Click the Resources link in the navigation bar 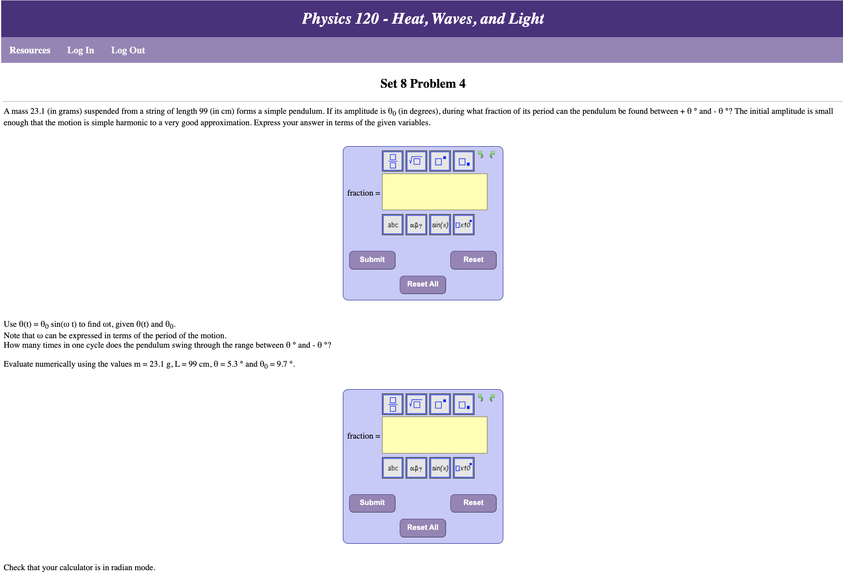[30, 50]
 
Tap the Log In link [81, 50]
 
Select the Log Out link [128, 50]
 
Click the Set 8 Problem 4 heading [423, 83]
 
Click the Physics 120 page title [423, 19]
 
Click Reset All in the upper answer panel [423, 284]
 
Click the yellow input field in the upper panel [435, 192]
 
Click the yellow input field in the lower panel [435, 435]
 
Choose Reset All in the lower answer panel [423, 527]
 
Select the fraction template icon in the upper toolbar [393, 161]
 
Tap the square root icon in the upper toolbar [416, 161]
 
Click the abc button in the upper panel [393, 225]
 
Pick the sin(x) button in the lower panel [440, 468]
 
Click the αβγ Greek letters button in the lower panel [416, 468]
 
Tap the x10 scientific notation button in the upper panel [463, 225]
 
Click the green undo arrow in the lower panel [481, 398]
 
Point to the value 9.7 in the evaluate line [282, 364]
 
